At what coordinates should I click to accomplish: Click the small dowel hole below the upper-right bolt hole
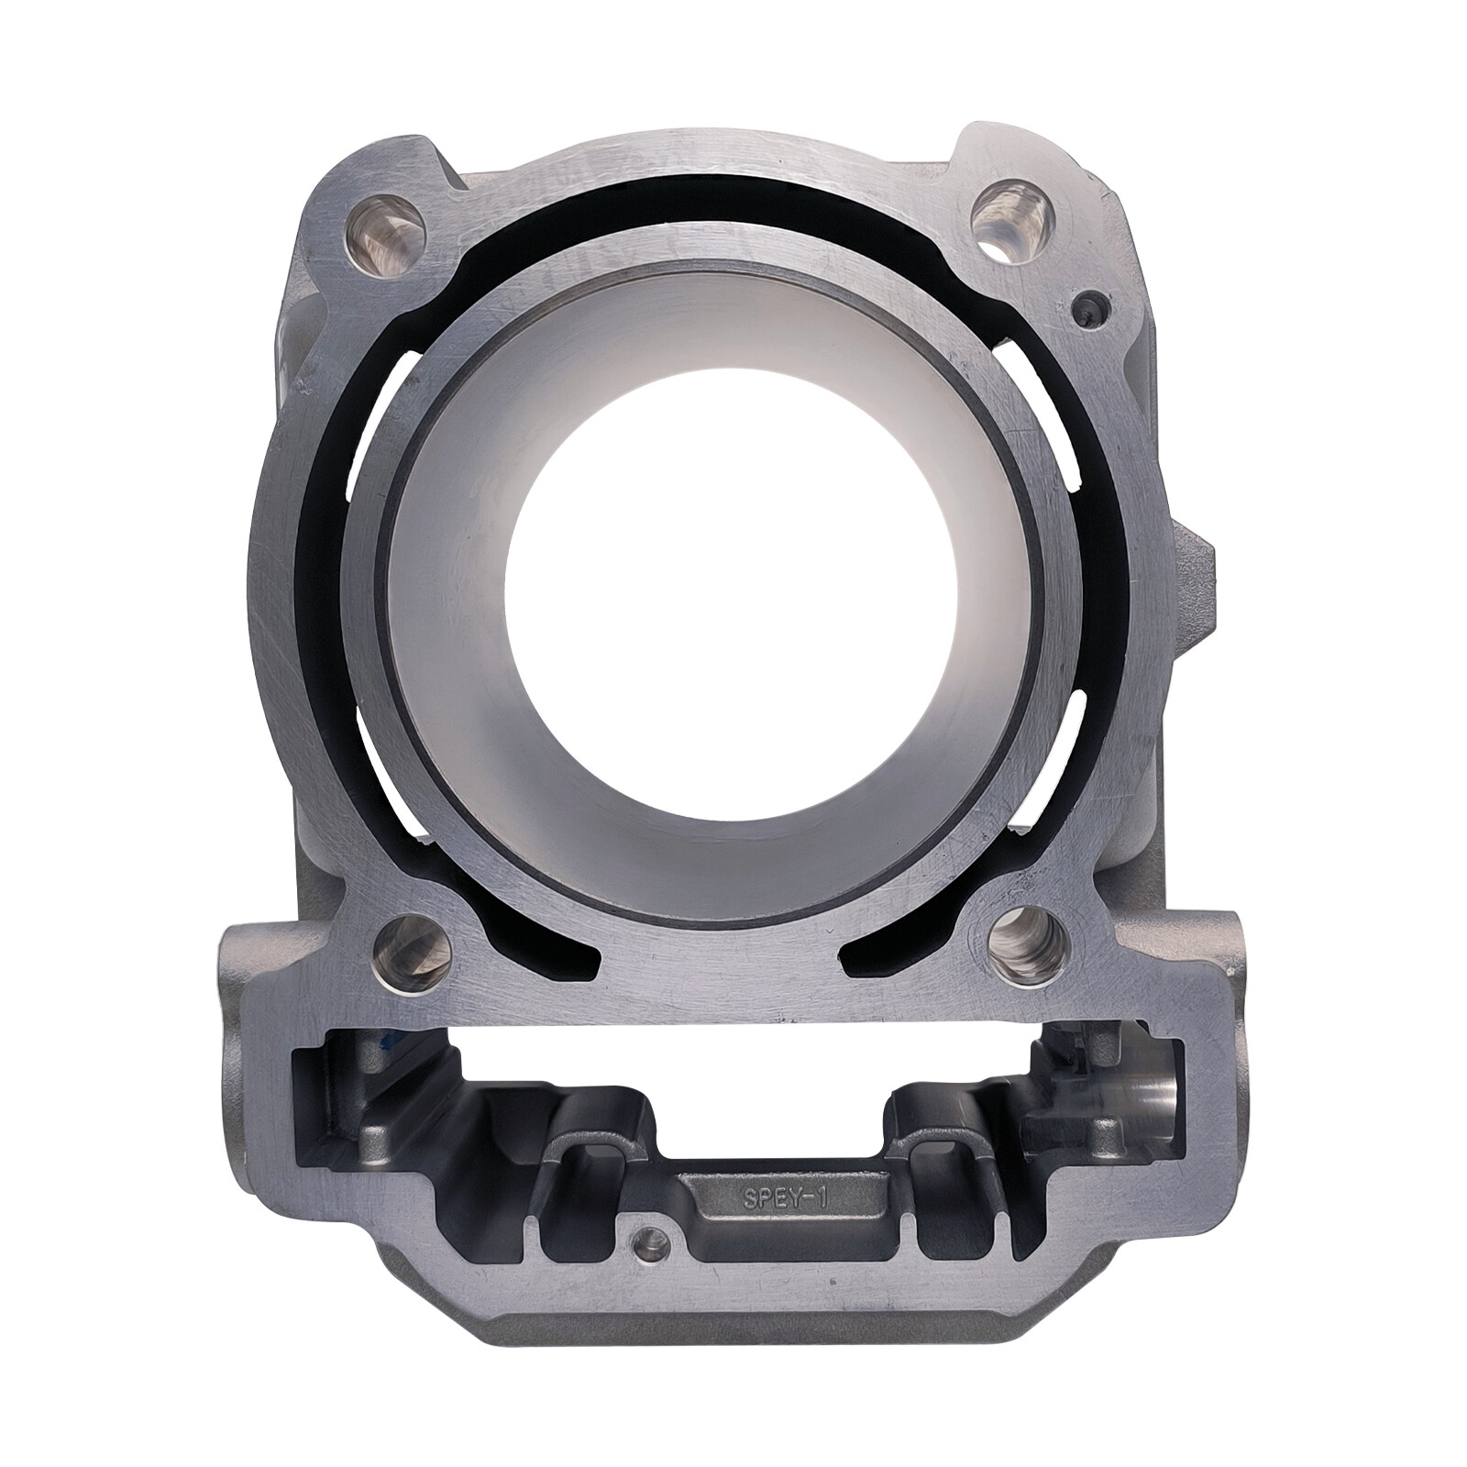tap(1089, 312)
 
